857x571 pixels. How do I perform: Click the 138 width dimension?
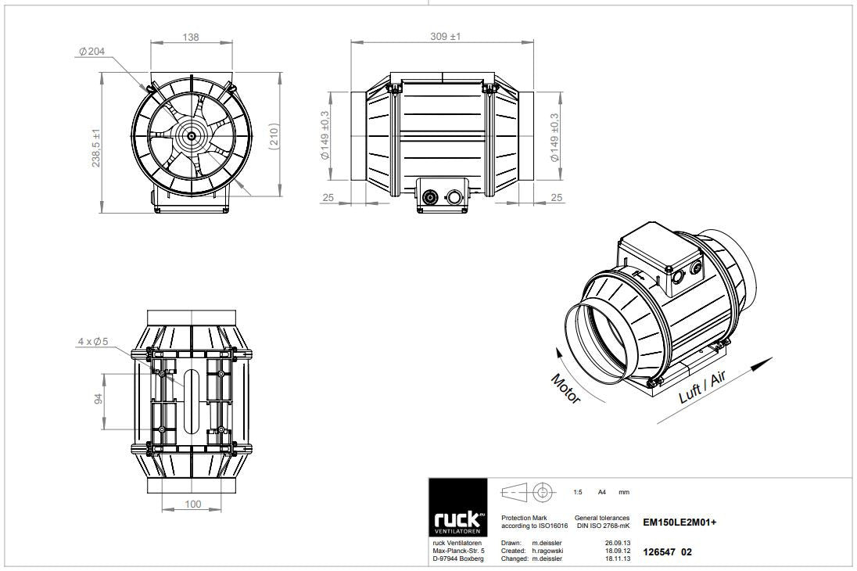pos(191,38)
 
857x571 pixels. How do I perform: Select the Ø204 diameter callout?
pos(91,52)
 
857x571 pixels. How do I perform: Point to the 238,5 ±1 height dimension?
pos(96,148)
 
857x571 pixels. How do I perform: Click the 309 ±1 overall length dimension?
pos(446,36)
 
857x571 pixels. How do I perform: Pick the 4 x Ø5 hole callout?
pos(93,341)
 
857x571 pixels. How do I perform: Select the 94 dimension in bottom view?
pos(99,399)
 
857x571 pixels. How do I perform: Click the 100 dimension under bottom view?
pos(193,504)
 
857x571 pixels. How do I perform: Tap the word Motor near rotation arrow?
pos(565,388)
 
